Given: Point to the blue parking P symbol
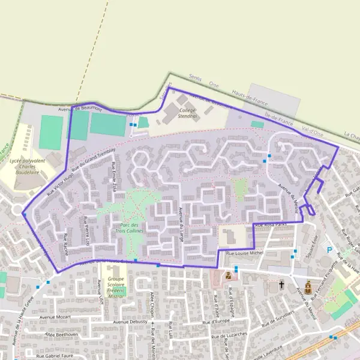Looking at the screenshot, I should (328, 249).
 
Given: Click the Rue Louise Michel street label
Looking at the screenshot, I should (244, 254).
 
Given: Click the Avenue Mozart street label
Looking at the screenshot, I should (55, 316).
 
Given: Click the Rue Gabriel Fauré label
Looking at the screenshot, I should (58, 356).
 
